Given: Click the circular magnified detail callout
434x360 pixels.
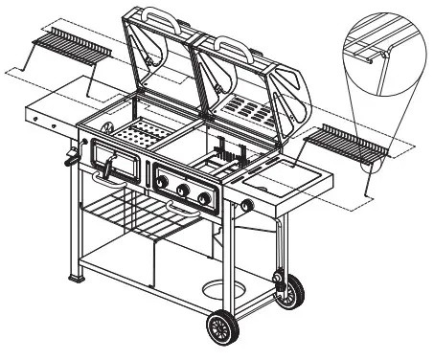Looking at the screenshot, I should point(379,49).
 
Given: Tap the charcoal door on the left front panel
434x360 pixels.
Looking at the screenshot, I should point(119,169).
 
